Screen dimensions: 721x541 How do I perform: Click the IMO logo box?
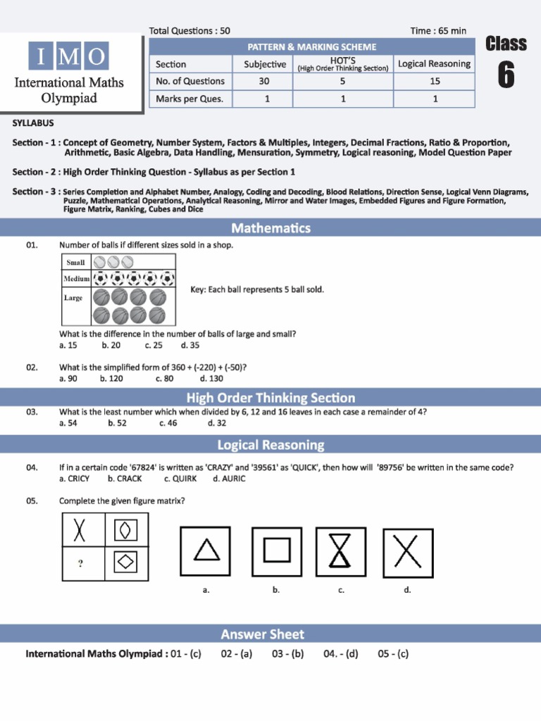69,56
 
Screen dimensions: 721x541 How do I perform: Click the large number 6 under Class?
506,75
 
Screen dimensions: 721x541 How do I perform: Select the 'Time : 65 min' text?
438,31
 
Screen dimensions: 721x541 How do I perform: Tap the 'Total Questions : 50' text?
189,31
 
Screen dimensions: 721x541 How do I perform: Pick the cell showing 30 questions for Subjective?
265,81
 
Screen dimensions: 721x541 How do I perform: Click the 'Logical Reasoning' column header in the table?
434,63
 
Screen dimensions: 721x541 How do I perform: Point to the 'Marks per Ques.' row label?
189,99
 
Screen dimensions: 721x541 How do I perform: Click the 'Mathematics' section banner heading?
270,228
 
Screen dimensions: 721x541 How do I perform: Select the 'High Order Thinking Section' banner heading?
270,398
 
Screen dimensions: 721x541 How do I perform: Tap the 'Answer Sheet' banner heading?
263,634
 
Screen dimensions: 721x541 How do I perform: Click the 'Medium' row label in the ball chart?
77,279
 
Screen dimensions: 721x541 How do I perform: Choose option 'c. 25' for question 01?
154,346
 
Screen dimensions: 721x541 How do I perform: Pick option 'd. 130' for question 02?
211,379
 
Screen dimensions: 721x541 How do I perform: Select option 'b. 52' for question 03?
118,423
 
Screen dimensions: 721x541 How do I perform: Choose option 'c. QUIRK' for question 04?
180,479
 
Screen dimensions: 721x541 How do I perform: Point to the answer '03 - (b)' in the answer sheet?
287,654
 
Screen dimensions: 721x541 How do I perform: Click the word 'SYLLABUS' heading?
33,123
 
